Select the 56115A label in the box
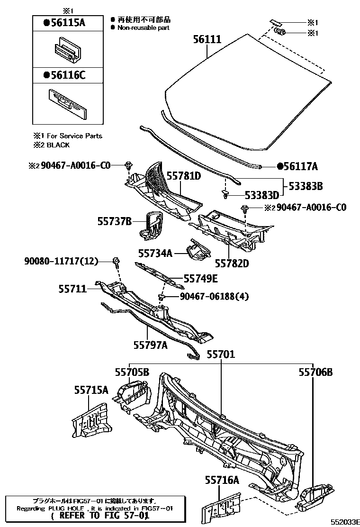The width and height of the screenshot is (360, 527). pos(64,22)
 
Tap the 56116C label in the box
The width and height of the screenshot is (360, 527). pos(64,74)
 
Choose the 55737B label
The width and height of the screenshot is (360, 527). pos(114,221)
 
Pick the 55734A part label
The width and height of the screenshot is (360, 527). pos(155,253)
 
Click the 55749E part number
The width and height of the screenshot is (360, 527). pos(200,279)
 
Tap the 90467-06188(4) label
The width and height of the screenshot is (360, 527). pos(214,297)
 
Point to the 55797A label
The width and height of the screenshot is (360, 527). pos(151,345)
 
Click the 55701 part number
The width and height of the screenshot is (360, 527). pos(220,354)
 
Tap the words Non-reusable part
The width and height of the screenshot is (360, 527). pos(143,27)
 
